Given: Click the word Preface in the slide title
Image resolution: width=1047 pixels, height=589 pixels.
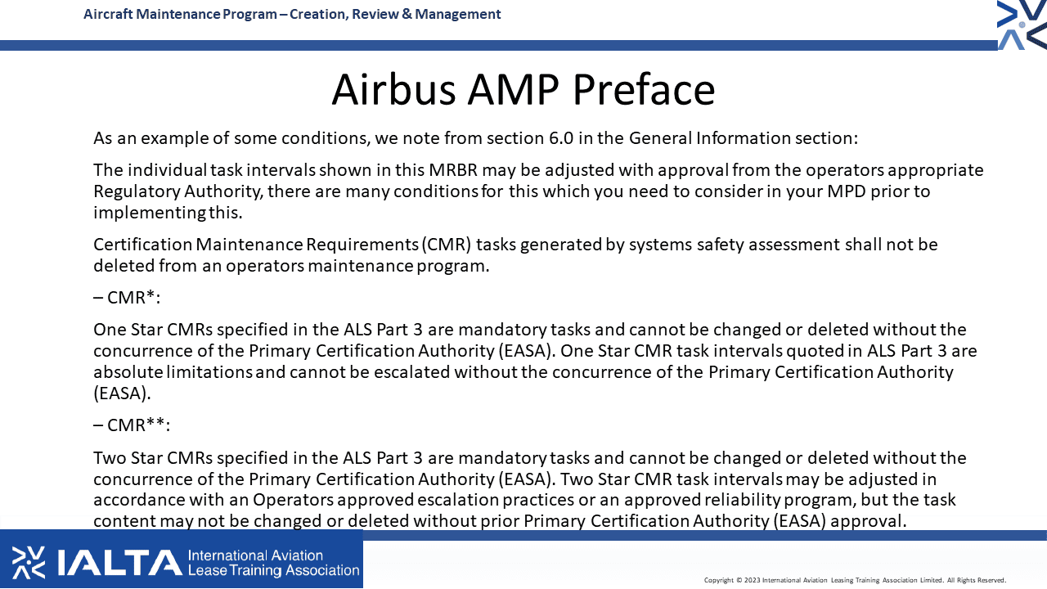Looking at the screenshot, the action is (644, 89).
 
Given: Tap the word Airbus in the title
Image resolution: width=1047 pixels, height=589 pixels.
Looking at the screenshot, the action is (393, 89).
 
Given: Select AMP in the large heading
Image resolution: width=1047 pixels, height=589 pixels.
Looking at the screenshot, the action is (513, 89).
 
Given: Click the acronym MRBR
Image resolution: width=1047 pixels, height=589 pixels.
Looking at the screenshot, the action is (453, 170).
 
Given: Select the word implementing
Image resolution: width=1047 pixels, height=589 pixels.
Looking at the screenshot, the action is (150, 214).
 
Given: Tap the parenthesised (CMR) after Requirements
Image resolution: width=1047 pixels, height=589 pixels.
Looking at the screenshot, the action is (447, 245).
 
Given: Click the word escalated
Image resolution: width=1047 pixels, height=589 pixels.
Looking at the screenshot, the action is (411, 372).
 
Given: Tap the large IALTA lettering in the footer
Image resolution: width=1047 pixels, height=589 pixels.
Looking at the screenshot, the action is (120, 562).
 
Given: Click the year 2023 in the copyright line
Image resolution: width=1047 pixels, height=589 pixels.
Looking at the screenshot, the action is (752, 580).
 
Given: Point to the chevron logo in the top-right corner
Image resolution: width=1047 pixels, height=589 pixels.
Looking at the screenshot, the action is (1022, 25).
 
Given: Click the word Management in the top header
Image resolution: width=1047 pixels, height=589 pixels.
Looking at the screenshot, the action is (457, 14).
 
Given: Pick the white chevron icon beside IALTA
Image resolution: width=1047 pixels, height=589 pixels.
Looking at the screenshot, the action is (28, 562).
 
